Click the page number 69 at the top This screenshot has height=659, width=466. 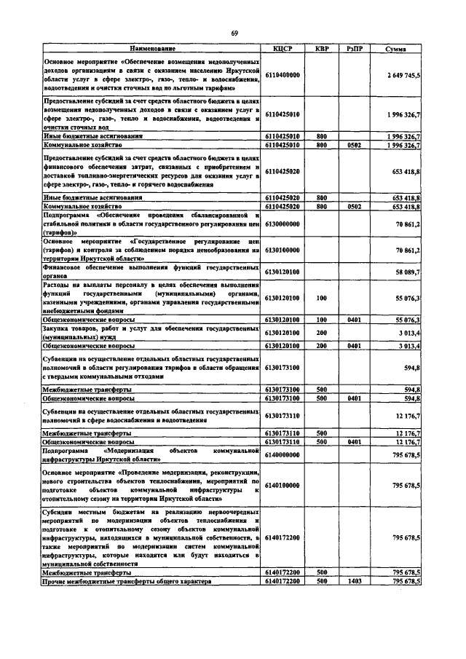point(234,33)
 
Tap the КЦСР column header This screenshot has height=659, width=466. point(282,48)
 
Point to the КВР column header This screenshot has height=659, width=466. point(321,48)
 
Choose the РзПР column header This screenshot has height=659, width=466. point(356,48)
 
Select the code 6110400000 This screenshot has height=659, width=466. point(283,74)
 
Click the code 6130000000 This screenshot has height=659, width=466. point(283,226)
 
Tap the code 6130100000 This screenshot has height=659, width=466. point(283,250)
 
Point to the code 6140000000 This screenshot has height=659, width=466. point(283,455)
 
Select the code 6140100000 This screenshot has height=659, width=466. point(283,484)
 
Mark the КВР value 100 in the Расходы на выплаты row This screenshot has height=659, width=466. point(321,298)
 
